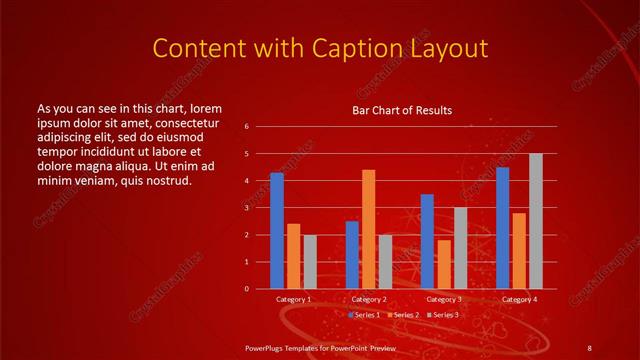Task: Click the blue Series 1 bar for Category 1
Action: click(x=277, y=231)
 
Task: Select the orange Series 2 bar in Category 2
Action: click(x=369, y=229)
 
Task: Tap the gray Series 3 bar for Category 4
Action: click(x=536, y=221)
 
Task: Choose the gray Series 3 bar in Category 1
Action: click(x=310, y=262)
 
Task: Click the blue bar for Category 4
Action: click(x=502, y=228)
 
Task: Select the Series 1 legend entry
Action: click(x=365, y=315)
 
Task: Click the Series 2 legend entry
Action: click(x=403, y=315)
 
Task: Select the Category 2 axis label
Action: click(x=369, y=299)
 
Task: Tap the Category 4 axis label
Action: click(x=519, y=299)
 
